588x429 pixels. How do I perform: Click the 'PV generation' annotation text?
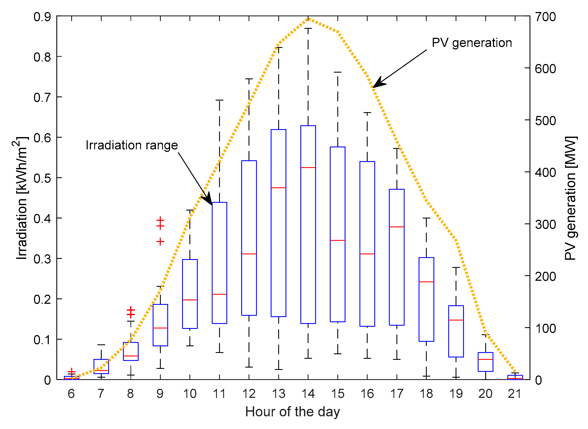(x=472, y=43)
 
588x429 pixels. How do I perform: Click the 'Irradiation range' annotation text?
(x=132, y=145)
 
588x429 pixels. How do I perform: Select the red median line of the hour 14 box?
(x=308, y=168)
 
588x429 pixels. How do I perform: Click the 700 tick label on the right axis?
(x=545, y=17)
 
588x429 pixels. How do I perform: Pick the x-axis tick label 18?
(x=426, y=394)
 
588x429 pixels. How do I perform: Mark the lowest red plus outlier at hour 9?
(x=160, y=241)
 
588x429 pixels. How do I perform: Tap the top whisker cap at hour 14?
(x=308, y=28)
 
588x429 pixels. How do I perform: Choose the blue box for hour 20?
(x=485, y=362)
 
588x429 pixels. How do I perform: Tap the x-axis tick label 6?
(x=71, y=394)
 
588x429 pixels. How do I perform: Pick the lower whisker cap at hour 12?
(x=249, y=367)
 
